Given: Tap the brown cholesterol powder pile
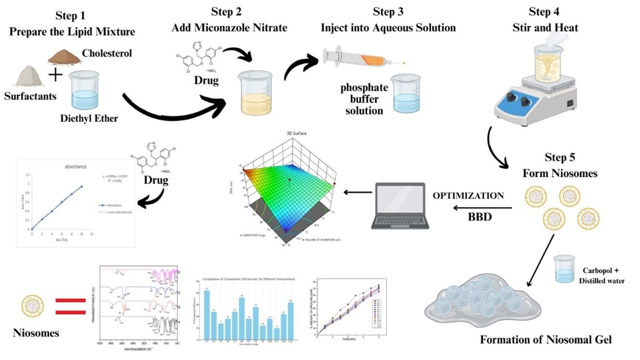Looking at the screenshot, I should [x=67, y=56].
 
